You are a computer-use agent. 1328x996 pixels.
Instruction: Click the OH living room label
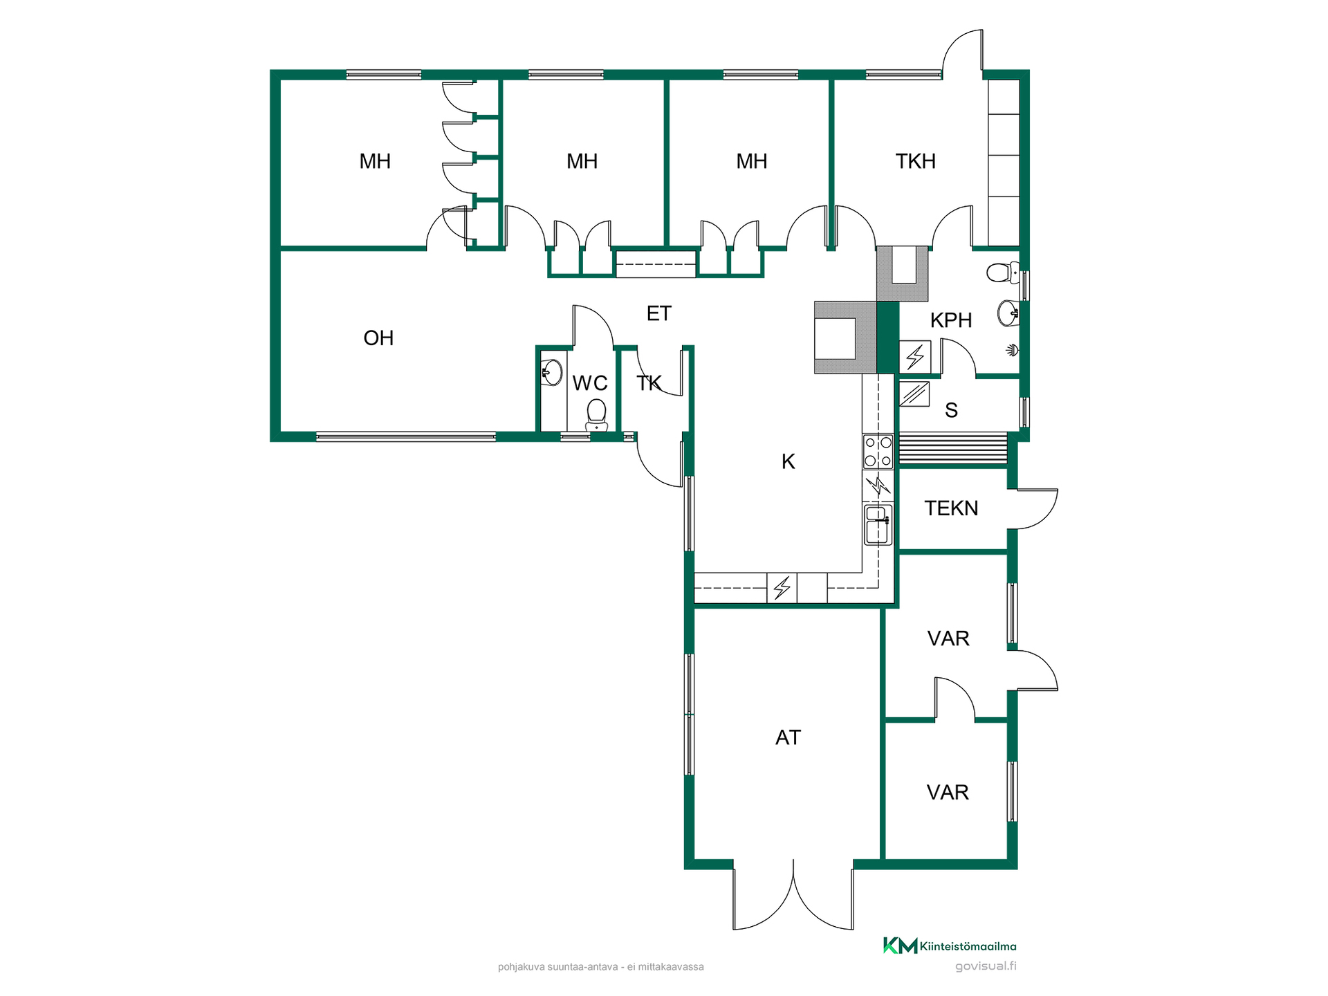378,338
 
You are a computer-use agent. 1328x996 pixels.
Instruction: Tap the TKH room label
915,161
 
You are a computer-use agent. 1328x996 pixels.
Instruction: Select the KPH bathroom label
951,320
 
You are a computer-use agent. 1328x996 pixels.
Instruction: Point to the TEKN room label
951,508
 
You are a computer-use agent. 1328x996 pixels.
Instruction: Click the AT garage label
788,738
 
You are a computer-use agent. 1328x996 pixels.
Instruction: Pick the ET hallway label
658,314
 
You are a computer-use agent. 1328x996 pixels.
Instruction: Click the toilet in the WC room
596,414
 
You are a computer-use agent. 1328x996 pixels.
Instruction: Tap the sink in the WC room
551,373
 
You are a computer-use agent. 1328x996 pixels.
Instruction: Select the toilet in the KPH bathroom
1003,273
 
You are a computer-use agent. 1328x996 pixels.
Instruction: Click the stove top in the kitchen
878,451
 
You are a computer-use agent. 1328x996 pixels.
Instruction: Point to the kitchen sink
878,525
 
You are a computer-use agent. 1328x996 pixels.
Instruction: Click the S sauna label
951,411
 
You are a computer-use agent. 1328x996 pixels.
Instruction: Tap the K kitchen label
788,462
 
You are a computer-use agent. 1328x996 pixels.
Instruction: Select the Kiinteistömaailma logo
950,946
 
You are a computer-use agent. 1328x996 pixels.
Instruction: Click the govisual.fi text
986,966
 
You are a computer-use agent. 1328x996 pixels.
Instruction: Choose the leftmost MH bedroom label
375,162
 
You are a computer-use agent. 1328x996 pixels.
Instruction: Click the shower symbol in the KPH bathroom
1012,350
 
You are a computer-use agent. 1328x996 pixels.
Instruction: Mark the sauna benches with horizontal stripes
952,450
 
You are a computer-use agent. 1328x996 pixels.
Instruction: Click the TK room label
649,383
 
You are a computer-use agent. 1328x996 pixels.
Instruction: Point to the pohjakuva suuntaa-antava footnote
600,967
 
